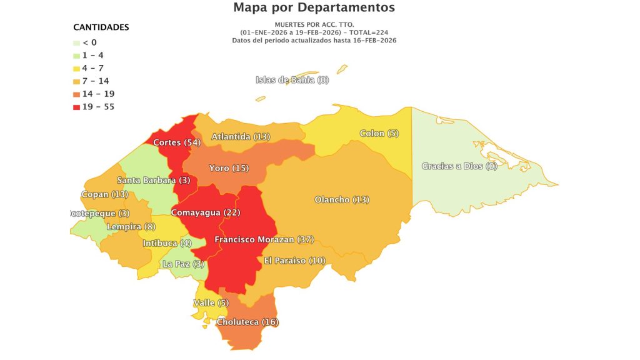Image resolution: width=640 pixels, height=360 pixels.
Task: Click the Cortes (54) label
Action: pos(176,142)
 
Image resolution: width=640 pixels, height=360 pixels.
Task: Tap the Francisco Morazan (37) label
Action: pos(264,239)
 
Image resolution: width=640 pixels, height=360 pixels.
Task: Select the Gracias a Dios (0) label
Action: pos(459,166)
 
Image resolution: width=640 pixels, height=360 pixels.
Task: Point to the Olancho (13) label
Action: pos(342,200)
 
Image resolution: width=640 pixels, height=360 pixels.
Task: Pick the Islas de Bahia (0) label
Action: pos(292,79)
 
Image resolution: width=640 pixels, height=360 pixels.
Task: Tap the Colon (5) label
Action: pos(379,133)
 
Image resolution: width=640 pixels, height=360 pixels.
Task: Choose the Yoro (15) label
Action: pos(229,168)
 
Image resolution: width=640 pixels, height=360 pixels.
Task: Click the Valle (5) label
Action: pos(211,303)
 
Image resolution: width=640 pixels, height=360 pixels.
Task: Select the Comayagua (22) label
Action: pos(206,212)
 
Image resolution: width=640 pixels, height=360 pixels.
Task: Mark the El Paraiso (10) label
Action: pos(294,260)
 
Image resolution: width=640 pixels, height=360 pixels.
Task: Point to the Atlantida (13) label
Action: pos(241,136)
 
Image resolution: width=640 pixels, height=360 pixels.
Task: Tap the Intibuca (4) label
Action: pos(167,243)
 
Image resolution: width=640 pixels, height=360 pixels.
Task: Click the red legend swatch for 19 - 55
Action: pos(76,107)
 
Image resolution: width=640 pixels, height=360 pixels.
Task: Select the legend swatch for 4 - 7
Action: pos(76,68)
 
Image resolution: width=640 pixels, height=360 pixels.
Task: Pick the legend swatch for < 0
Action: pos(76,42)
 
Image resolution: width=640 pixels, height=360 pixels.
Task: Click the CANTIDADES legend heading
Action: pos(101,27)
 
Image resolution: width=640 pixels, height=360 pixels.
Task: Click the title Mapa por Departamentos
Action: pos(314,8)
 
